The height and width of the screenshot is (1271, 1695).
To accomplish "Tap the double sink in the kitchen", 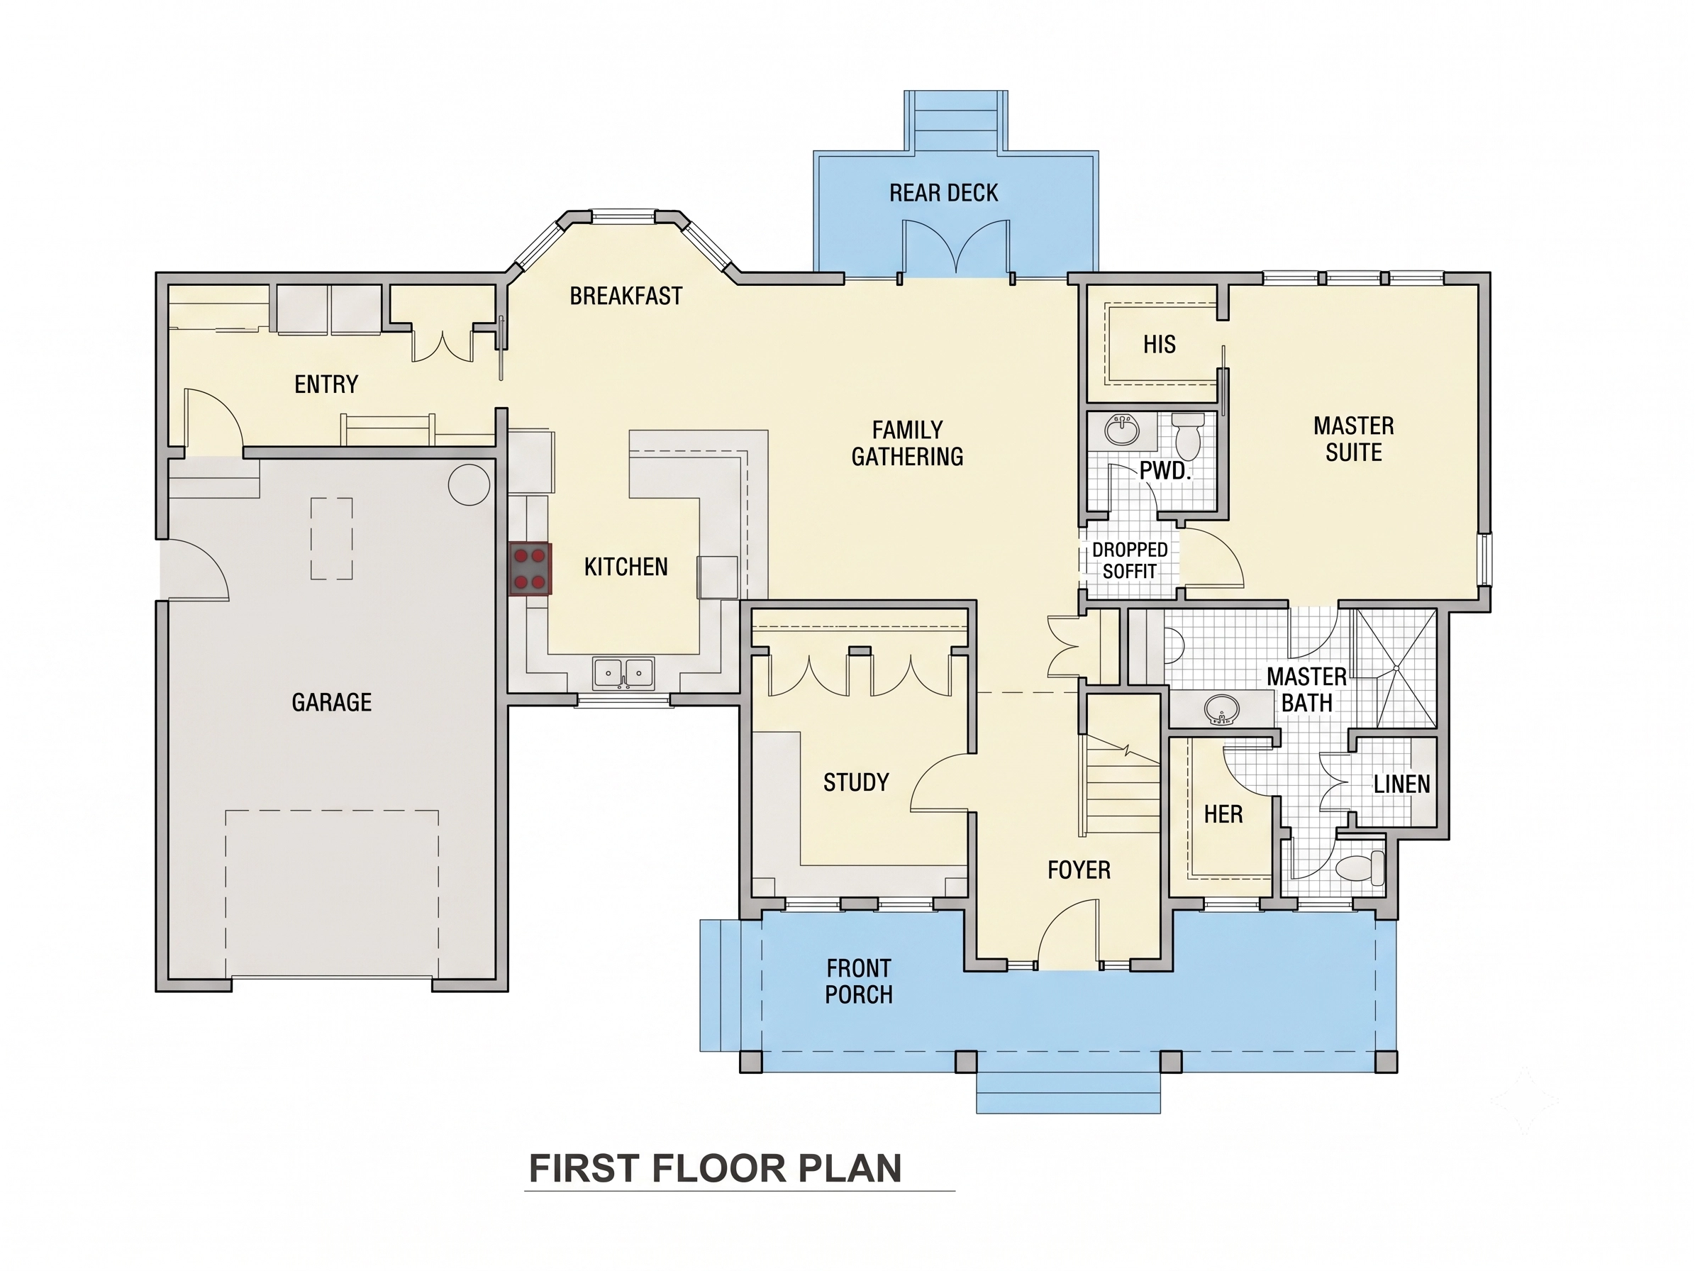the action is [x=623, y=673].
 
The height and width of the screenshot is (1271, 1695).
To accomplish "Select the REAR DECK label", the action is [x=943, y=193].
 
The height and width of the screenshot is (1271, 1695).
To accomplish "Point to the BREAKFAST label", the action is [x=626, y=296].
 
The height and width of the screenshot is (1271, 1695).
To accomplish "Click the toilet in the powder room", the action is [x=1189, y=436].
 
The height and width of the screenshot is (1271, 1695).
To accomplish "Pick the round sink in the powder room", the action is [x=1121, y=430].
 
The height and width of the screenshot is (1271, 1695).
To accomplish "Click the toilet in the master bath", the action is [x=1360, y=868].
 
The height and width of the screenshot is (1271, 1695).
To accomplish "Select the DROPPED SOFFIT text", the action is [x=1130, y=560].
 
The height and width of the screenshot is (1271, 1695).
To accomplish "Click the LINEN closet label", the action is [x=1401, y=784].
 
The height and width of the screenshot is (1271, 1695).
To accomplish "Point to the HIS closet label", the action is [x=1159, y=345].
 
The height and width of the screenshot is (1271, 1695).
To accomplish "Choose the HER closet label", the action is [x=1223, y=814].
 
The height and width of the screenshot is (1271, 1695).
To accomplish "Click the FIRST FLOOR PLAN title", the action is [x=715, y=1169].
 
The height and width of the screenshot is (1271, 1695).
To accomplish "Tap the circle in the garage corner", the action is [x=469, y=484].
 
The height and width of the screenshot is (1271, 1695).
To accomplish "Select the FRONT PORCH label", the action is [x=858, y=982].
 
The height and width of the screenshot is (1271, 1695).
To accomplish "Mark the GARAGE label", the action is [x=331, y=703].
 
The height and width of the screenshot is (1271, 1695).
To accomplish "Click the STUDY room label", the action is [x=856, y=782].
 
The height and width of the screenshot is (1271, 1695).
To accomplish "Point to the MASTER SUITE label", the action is [x=1353, y=439].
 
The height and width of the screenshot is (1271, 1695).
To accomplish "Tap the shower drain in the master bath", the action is [x=1396, y=668].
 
